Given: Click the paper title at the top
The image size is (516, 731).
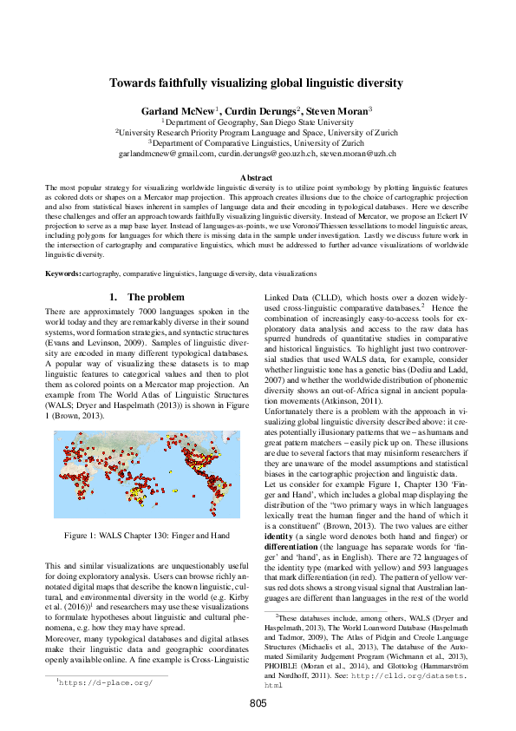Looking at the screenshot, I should pos(258,83).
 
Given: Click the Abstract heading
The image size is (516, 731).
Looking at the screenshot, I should pos(258,177).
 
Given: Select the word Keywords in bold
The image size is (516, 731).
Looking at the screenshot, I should pos(62,273).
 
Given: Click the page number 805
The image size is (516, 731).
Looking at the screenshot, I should pos(258,703).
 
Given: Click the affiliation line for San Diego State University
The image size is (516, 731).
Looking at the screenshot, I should pos(258,123).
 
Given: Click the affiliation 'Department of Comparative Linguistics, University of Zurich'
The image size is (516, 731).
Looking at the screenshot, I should pos(258,142).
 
